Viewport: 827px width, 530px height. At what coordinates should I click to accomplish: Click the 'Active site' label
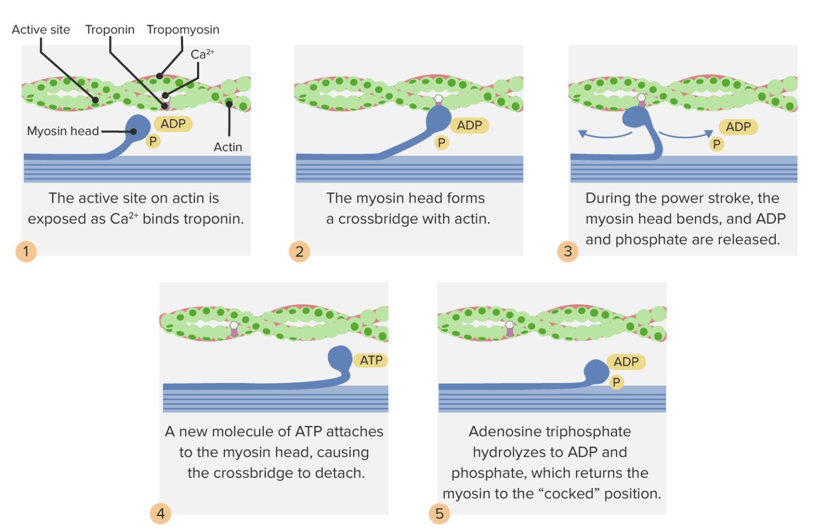41,30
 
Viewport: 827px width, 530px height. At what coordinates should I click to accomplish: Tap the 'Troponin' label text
110,30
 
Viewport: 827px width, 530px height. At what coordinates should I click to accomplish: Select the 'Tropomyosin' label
183,30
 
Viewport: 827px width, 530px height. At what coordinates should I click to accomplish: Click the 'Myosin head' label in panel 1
63,131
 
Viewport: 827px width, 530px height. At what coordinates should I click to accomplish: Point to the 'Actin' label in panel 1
228,147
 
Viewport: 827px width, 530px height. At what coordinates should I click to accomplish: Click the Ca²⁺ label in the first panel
202,54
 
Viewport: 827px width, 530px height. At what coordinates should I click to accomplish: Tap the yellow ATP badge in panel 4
371,360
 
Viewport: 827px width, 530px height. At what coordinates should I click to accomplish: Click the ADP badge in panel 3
738,127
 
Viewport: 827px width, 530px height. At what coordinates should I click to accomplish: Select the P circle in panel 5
616,382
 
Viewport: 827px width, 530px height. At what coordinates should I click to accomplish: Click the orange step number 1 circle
26,251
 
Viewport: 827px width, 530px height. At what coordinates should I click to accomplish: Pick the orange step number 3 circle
567,251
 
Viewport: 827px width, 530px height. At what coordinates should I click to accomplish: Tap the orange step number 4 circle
160,513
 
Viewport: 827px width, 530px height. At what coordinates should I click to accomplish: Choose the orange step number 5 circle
439,513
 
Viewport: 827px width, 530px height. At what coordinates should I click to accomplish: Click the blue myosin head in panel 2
438,118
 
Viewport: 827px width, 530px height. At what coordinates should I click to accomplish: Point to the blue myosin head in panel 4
340,358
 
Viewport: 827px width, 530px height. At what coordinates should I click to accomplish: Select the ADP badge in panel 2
469,125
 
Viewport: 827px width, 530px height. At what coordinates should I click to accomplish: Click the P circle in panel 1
153,141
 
